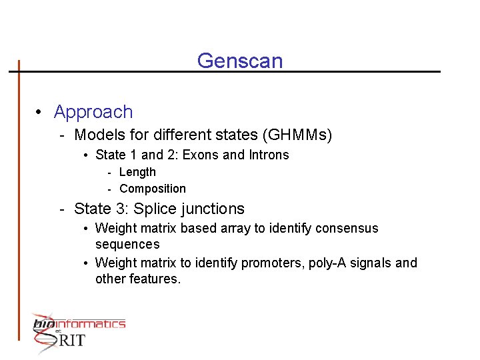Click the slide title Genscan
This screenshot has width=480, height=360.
point(240,61)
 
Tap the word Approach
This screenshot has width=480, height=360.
point(93,112)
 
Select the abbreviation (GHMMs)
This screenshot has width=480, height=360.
point(297,135)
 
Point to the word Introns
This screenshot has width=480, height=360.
point(269,155)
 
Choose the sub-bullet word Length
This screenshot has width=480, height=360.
point(137,172)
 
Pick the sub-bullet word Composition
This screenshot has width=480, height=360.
point(153,189)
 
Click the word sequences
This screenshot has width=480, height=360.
point(127,245)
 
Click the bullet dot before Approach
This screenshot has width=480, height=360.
point(41,113)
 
